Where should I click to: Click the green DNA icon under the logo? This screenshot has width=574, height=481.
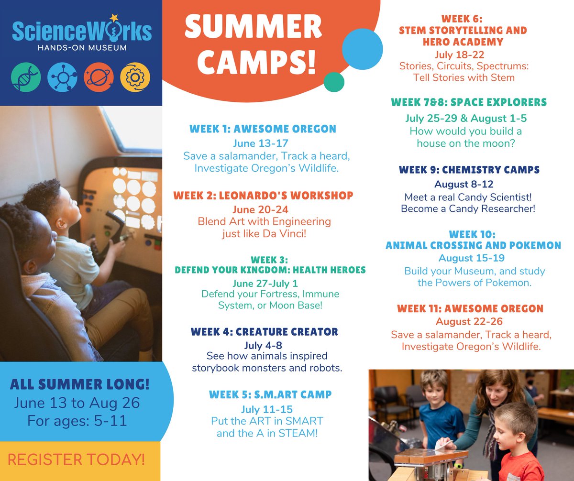click(x=27, y=77)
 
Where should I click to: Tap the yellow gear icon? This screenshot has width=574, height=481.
click(x=134, y=77)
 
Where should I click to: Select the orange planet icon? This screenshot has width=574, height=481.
click(x=99, y=77)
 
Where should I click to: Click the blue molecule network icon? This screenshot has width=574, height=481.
click(x=62, y=77)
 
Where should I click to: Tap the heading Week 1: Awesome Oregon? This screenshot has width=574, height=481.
click(x=263, y=129)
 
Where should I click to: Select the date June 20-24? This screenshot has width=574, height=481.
click(x=263, y=210)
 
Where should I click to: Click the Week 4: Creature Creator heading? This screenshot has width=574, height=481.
click(x=264, y=332)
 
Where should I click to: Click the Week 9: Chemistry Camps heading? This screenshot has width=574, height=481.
click(x=469, y=170)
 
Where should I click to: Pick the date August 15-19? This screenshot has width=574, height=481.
click(x=469, y=259)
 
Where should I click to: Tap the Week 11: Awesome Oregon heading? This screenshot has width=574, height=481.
click(x=469, y=309)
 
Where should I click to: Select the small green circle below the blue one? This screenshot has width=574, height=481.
click(x=334, y=82)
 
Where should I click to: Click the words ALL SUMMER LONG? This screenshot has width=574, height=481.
click(x=80, y=383)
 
